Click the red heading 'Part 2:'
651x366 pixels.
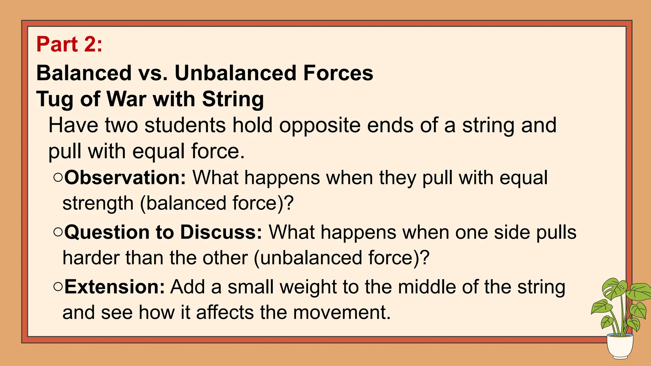(x=69, y=44)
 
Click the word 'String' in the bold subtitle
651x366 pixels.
(x=233, y=99)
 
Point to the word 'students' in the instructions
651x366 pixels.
(x=185, y=125)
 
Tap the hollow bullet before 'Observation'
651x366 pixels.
(x=58, y=177)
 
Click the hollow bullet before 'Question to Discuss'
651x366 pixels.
(x=58, y=232)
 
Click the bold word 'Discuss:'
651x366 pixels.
(x=221, y=232)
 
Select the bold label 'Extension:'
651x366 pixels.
(x=114, y=287)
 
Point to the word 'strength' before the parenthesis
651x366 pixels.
(x=98, y=204)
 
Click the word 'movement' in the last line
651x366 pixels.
(x=341, y=313)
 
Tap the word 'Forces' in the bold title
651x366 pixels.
(x=338, y=73)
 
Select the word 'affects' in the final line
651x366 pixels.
(x=224, y=313)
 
